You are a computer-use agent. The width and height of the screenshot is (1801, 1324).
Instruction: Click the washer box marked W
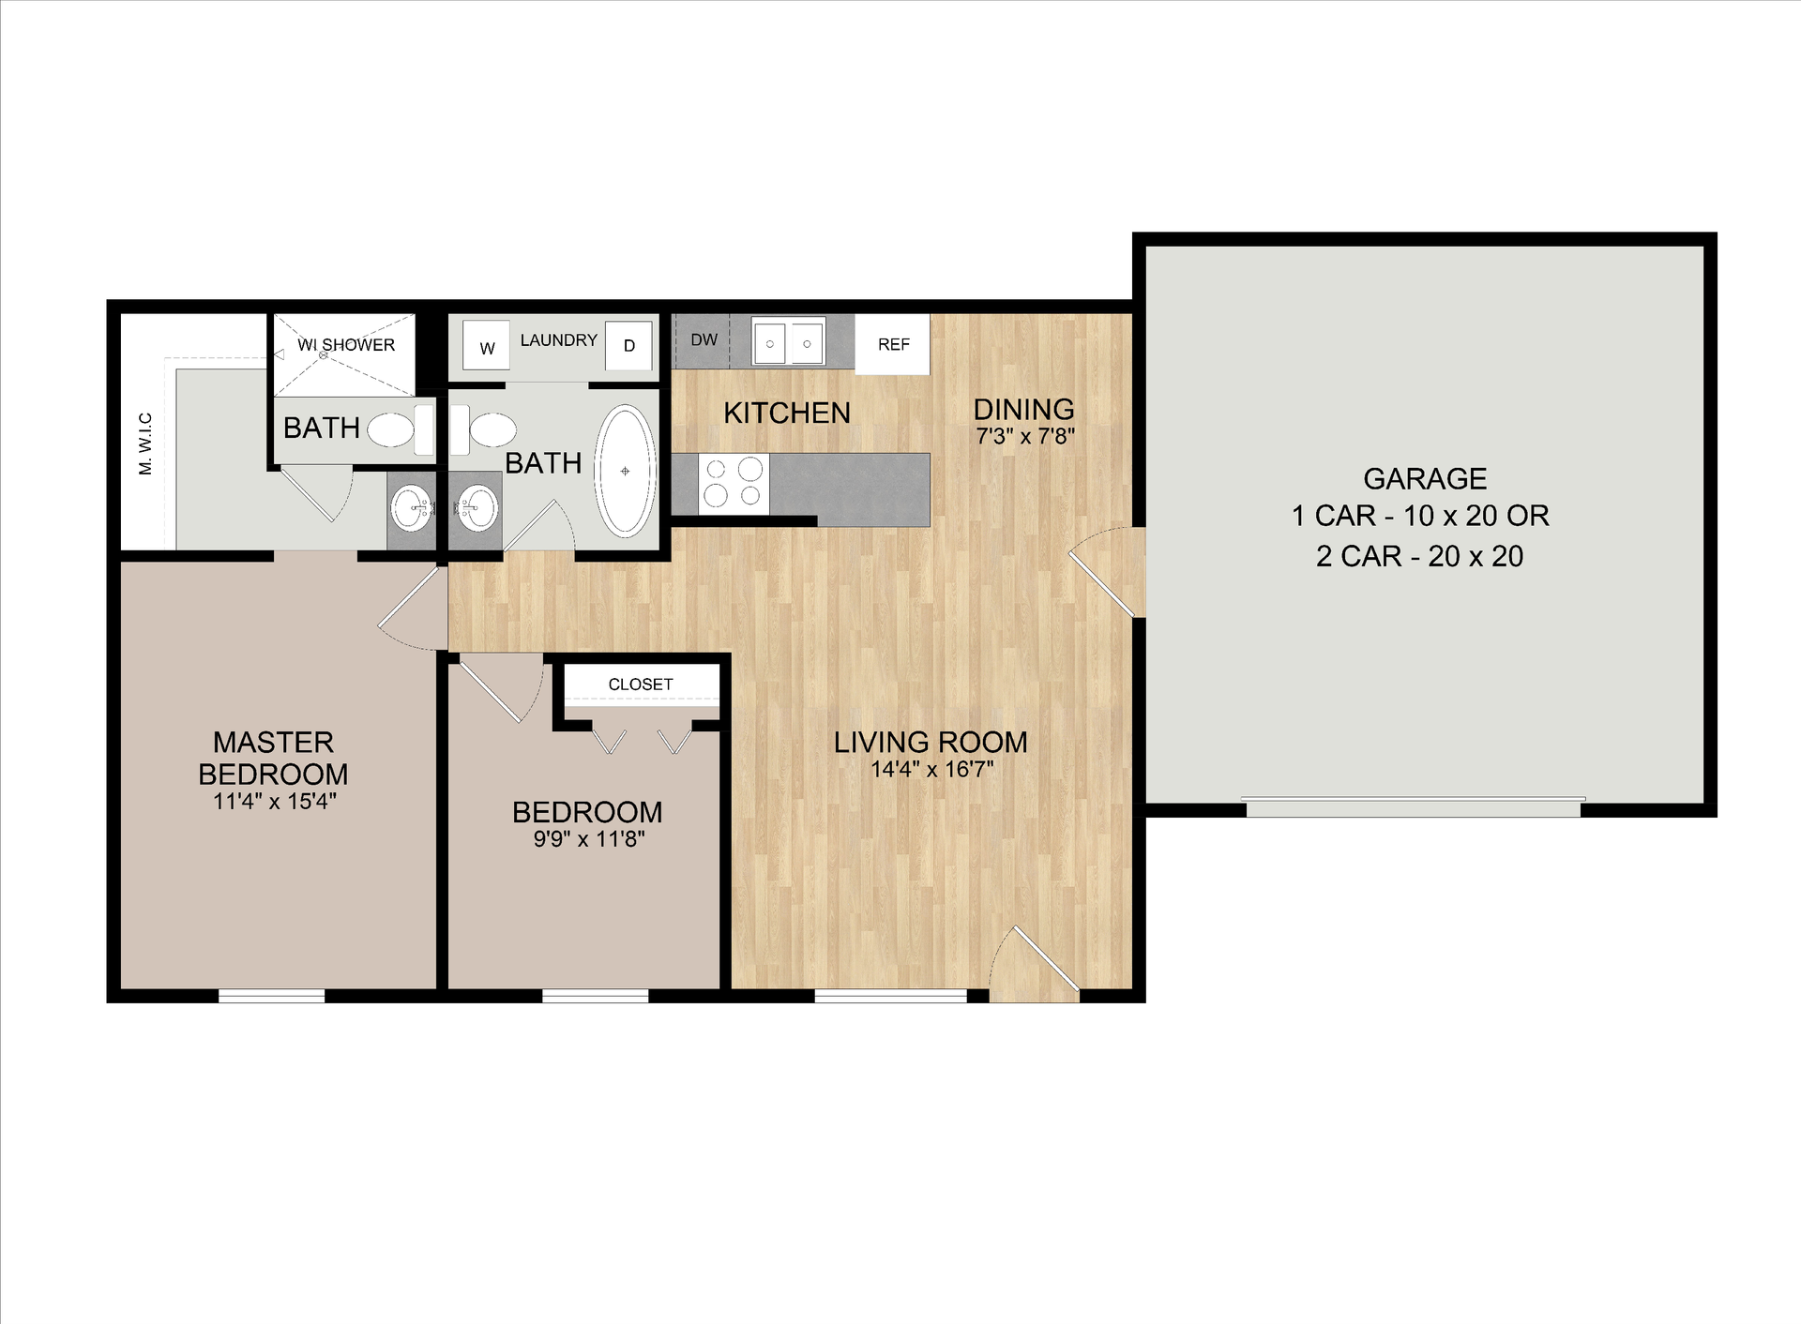pyautogui.click(x=486, y=346)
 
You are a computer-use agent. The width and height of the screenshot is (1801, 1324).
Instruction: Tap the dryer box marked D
pyautogui.click(x=628, y=345)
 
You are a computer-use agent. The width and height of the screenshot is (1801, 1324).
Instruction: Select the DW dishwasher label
pyautogui.click(x=704, y=339)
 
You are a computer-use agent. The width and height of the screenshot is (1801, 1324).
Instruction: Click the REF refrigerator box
pyautogui.click(x=893, y=344)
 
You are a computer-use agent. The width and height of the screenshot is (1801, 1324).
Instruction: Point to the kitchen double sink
pyautogui.click(x=788, y=342)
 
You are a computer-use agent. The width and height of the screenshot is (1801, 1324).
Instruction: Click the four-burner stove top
pyautogui.click(x=733, y=483)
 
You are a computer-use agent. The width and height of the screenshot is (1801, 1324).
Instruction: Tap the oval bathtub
pyautogui.click(x=626, y=471)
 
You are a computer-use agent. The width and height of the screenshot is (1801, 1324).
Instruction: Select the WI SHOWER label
pyautogui.click(x=346, y=345)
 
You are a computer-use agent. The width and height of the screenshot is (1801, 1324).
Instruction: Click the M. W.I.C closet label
pyautogui.click(x=145, y=443)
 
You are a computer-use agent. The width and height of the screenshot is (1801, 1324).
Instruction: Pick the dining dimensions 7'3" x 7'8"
pyautogui.click(x=1025, y=436)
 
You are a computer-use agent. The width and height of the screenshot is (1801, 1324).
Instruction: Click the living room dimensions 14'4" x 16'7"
pyautogui.click(x=931, y=770)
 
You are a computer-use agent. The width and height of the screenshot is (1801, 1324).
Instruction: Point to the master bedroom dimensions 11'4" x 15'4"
pyautogui.click(x=274, y=802)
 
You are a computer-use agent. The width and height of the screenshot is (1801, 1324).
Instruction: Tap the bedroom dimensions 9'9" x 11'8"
pyautogui.click(x=589, y=839)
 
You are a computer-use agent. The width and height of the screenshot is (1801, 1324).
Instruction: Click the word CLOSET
pyautogui.click(x=641, y=685)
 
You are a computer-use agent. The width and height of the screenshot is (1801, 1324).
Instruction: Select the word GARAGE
pyautogui.click(x=1424, y=479)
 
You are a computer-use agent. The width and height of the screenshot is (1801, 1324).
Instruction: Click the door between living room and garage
pyautogui.click(x=1105, y=572)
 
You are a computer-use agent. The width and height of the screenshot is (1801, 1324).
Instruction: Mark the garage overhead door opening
pyautogui.click(x=1413, y=806)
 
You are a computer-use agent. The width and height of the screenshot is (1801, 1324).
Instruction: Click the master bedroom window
pyautogui.click(x=272, y=996)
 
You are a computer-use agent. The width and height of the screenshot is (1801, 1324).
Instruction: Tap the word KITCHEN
pyautogui.click(x=787, y=413)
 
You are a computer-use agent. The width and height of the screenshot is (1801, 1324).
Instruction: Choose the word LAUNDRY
pyautogui.click(x=559, y=339)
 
